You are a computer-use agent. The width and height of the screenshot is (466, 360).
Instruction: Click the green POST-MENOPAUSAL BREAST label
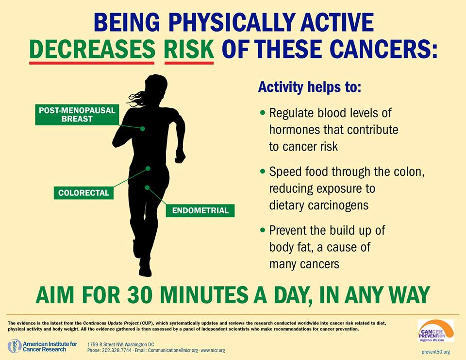pyautogui.click(x=77, y=115)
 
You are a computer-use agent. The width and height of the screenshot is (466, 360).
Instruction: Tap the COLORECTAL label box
pyautogui.click(x=83, y=193)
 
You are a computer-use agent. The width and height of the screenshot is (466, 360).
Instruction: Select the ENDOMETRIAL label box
pyautogui.click(x=200, y=210)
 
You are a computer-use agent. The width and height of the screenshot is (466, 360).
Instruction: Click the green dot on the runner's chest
pyautogui.click(x=143, y=129)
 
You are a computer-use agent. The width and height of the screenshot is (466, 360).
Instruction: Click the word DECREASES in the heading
pyautogui.click(x=92, y=49)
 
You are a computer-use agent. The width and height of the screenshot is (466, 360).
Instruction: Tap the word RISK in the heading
pyautogui.click(x=189, y=49)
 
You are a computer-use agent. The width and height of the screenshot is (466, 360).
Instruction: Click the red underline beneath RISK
pyautogui.click(x=189, y=63)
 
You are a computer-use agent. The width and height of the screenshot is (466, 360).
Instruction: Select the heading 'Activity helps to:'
pyautogui.click(x=309, y=87)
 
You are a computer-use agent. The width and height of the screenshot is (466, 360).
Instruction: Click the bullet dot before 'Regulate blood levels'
pyautogui.click(x=262, y=113)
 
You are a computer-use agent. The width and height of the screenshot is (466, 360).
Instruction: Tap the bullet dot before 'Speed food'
pyautogui.click(x=262, y=171)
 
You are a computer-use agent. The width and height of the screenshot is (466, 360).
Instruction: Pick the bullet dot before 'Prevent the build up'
pyautogui.click(x=262, y=230)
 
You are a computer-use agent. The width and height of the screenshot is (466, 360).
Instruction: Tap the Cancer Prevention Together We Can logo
pyautogui.click(x=436, y=331)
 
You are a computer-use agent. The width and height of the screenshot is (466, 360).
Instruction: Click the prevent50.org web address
pyautogui.click(x=436, y=352)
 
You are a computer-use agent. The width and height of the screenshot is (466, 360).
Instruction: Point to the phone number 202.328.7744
pyautogui.click(x=116, y=350)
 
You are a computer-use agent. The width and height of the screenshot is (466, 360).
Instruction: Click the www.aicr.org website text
pyautogui.click(x=213, y=350)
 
